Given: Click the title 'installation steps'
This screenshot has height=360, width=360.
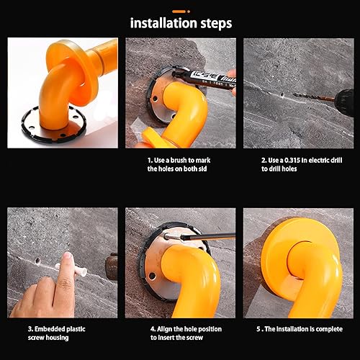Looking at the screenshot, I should pos(181,23).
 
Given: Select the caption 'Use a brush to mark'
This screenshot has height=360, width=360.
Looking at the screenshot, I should pos(179,159).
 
